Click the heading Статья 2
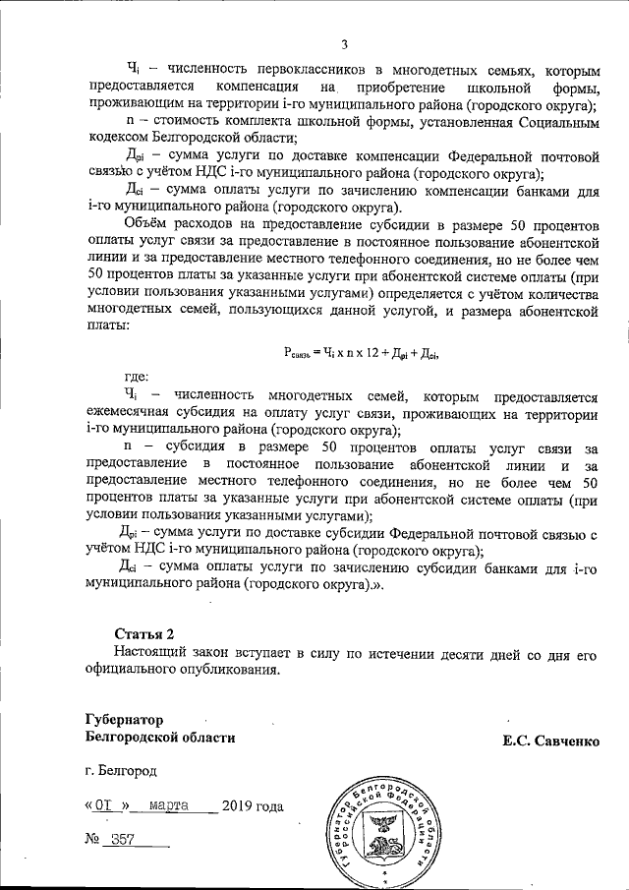coord(144,631)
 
